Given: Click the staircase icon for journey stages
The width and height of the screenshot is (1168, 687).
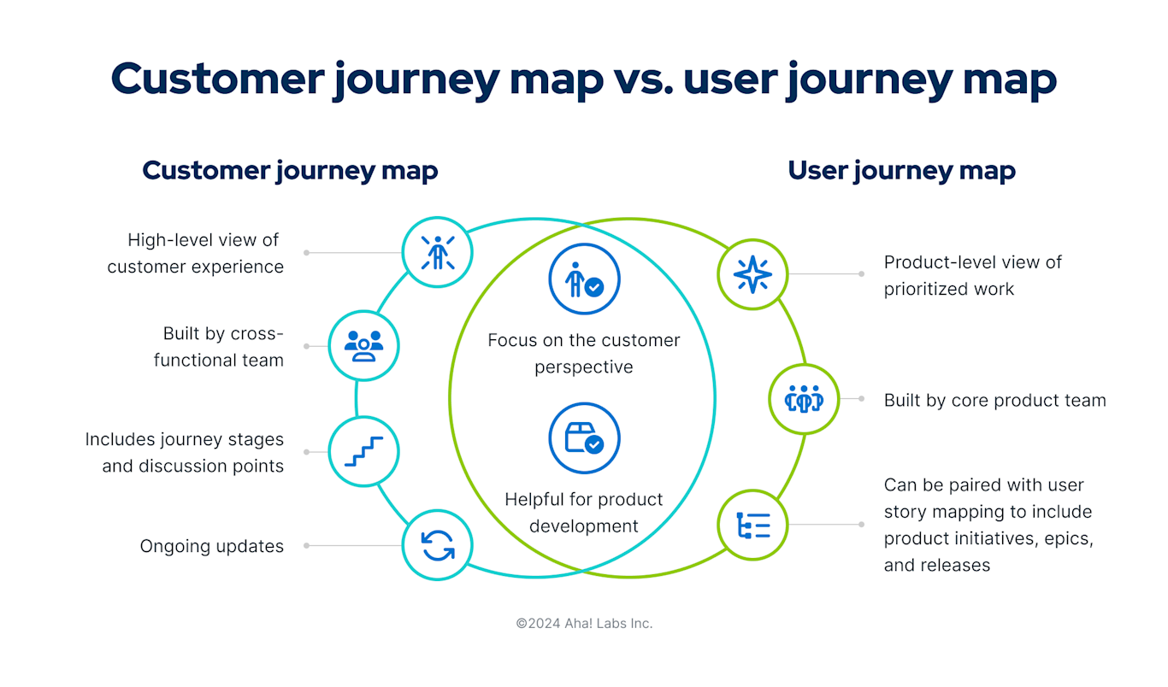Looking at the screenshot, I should point(364,452).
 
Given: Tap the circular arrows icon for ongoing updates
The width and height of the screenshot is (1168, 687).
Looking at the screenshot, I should point(438,545).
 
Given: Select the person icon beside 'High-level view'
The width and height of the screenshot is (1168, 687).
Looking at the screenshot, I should point(438,252).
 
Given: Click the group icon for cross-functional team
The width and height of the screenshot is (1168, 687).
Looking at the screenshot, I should point(364,346).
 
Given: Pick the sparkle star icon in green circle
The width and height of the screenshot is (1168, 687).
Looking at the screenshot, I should point(752,274).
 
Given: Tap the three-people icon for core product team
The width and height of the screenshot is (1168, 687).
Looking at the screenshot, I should point(804,399).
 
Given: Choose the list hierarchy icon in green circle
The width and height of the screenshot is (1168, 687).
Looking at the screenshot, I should point(752,524).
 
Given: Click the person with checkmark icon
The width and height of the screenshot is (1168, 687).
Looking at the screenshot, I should point(584,279).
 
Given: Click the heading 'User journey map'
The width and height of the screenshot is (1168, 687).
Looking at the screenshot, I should point(901,170).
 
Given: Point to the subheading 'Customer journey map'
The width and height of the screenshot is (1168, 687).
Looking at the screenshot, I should point(290,170).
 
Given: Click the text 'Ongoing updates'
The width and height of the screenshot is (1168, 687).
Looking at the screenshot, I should point(211,546).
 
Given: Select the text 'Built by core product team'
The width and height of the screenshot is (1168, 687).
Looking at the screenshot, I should point(994,400).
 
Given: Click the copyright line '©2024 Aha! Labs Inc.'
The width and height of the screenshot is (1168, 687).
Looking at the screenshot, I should point(584,624).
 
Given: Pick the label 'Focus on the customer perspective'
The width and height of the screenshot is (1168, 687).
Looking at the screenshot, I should point(584,353).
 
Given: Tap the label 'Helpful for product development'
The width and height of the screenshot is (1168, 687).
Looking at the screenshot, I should point(584,512).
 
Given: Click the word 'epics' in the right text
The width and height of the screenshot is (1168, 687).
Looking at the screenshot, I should point(1068,538).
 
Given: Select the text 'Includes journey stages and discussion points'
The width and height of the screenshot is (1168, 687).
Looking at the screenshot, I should point(185,453).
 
